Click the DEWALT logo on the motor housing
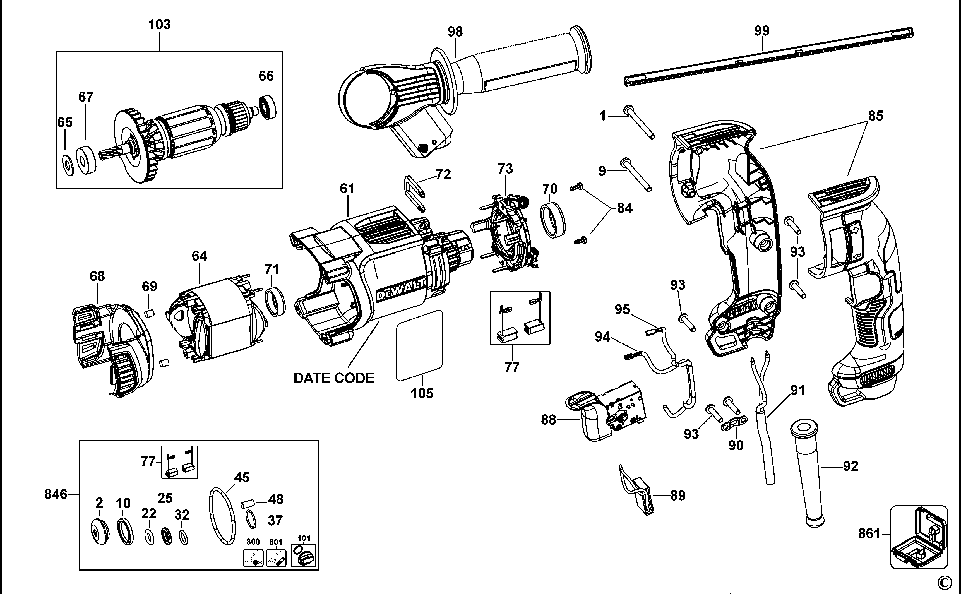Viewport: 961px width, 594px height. pos(401,290)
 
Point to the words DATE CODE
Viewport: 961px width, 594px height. pos(334,378)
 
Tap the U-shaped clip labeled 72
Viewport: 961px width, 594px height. pos(414,194)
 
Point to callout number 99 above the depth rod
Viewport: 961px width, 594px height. pos(761,31)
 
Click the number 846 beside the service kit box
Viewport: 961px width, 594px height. pos(56,494)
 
